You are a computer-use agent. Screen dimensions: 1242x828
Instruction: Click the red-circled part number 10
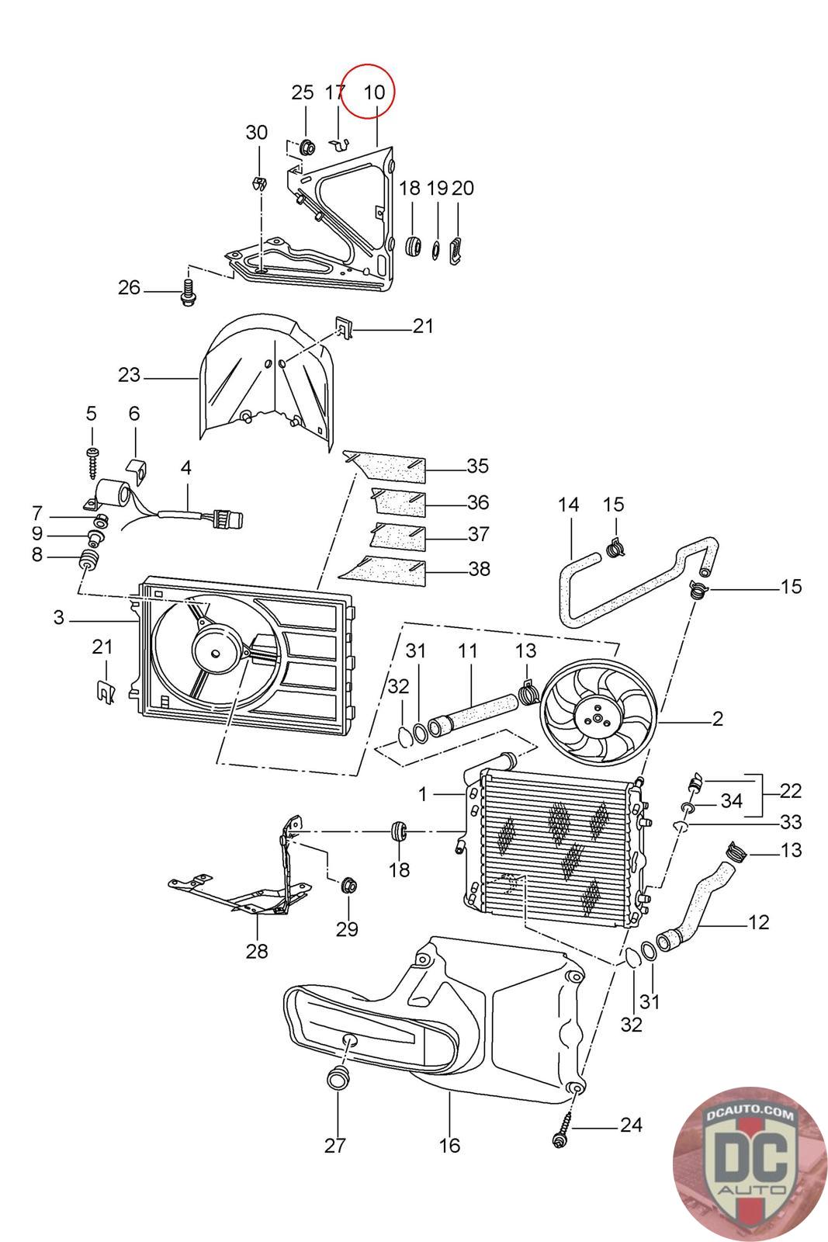(x=374, y=92)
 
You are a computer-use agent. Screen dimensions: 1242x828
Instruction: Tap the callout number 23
(x=129, y=376)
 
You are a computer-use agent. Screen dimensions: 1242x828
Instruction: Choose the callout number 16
(x=449, y=1145)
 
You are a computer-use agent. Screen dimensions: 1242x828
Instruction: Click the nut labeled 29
(x=348, y=883)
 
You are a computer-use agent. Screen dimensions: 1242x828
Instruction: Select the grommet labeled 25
(x=307, y=146)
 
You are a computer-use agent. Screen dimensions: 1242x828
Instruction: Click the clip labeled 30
(x=257, y=185)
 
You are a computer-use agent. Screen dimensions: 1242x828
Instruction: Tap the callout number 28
(x=257, y=950)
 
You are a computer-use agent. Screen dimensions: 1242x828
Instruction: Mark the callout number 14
(x=569, y=505)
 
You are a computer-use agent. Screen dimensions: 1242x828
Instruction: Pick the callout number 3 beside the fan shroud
(x=59, y=618)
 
